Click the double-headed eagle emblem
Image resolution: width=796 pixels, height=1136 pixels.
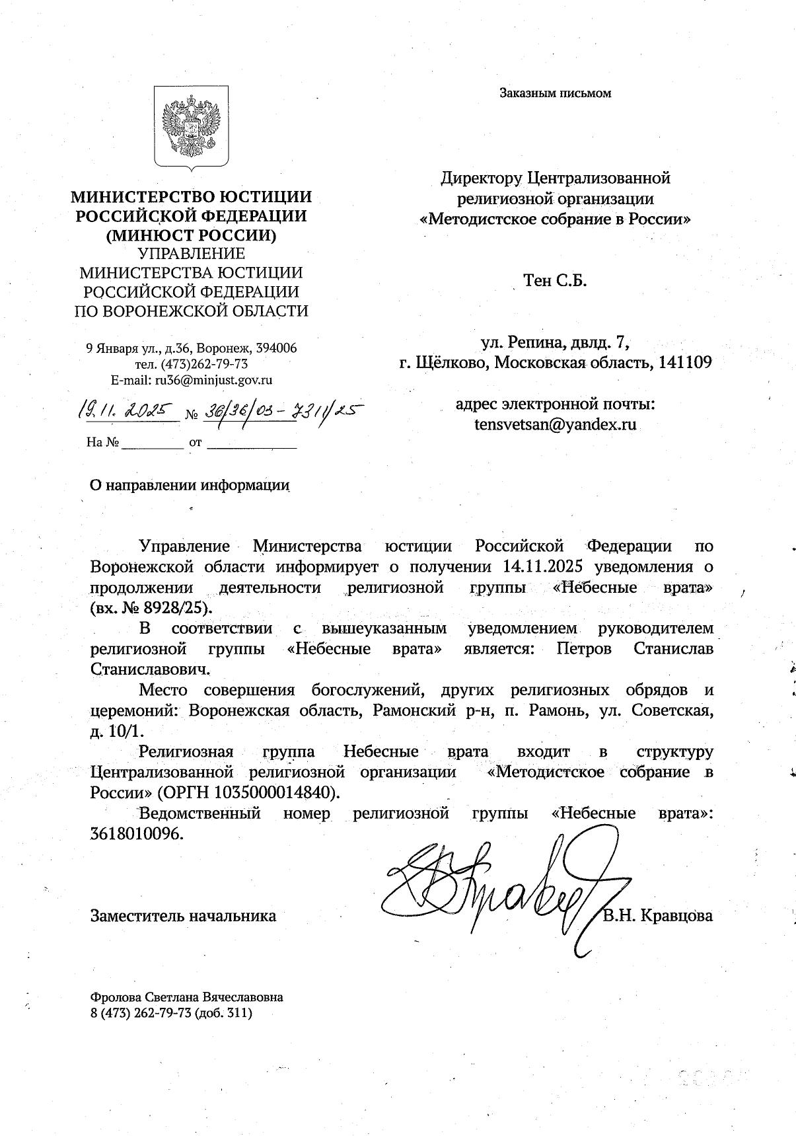point(191,126)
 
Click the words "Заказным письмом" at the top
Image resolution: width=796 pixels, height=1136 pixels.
point(555,93)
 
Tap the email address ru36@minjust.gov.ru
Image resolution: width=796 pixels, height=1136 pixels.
point(213,380)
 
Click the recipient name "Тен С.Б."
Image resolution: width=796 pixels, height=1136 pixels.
point(555,281)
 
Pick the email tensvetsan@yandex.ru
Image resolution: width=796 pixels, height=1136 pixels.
point(555,424)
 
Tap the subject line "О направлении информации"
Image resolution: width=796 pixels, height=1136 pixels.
point(190,485)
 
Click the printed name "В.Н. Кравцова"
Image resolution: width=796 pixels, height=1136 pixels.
point(658,916)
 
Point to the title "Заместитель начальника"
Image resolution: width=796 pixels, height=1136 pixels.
point(183,916)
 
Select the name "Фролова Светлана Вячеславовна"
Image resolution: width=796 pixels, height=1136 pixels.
point(187,997)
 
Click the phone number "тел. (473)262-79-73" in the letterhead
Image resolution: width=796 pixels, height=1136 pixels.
point(191,364)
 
